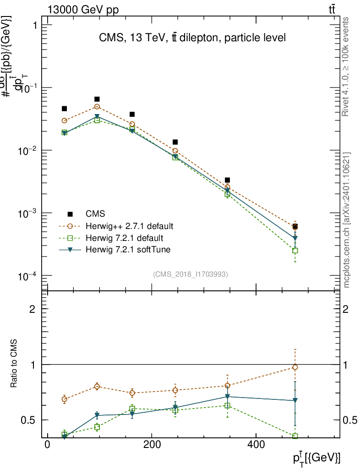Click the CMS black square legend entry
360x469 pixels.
click(x=71, y=214)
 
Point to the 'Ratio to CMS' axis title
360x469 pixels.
click(x=15, y=364)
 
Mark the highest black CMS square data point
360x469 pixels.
click(x=97, y=99)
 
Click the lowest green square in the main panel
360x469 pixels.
click(x=295, y=251)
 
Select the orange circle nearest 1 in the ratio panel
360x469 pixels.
click(x=295, y=367)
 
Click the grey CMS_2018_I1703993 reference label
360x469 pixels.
click(x=191, y=274)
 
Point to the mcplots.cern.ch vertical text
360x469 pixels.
click(x=347, y=220)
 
